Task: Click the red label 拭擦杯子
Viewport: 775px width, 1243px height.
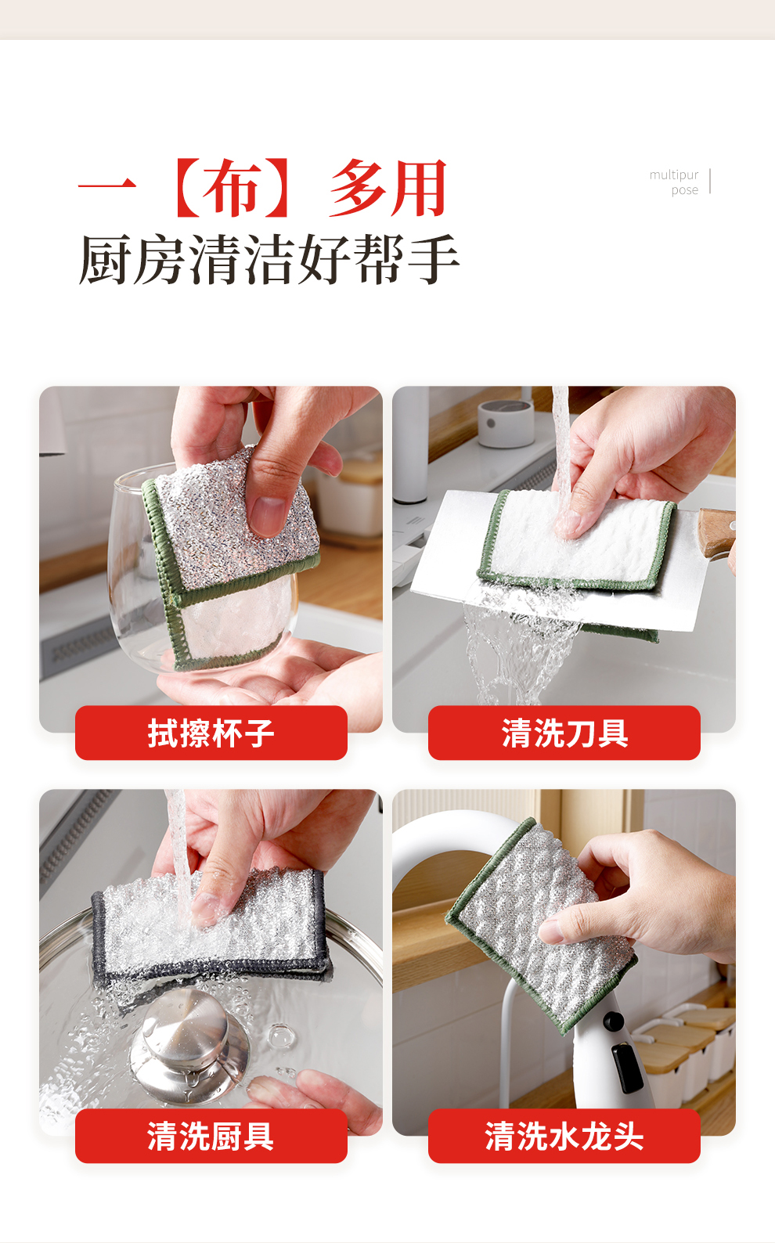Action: (x=211, y=733)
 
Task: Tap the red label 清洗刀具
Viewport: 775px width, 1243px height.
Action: (x=564, y=733)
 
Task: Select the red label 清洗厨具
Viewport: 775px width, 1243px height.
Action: (x=211, y=1136)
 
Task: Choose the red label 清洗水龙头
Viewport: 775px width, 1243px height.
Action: (x=564, y=1136)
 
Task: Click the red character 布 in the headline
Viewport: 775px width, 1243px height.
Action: (x=232, y=188)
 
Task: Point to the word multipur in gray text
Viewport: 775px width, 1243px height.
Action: (x=674, y=175)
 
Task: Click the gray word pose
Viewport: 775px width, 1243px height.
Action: (x=684, y=190)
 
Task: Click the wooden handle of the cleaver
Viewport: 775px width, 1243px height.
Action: (x=716, y=531)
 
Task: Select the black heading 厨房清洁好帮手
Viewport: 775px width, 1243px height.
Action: (x=269, y=259)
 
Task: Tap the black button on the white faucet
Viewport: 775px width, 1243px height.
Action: (x=614, y=1020)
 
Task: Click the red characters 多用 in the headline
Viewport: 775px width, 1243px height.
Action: (x=388, y=188)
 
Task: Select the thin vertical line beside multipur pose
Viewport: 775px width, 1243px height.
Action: (x=710, y=182)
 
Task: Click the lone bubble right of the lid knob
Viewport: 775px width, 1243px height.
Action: (x=281, y=1035)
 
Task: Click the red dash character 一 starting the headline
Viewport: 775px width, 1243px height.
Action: (x=107, y=185)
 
